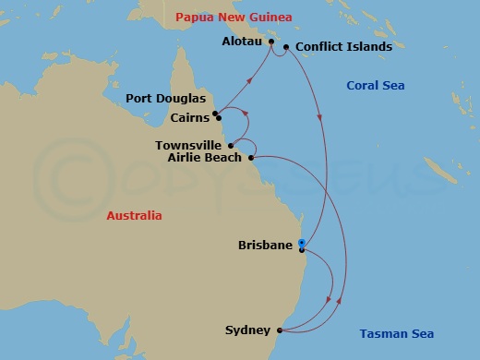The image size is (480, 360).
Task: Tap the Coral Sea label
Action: pyautogui.click(x=374, y=86)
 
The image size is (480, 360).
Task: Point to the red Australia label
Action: pyautogui.click(x=134, y=215)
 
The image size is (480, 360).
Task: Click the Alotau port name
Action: pyautogui.click(x=242, y=42)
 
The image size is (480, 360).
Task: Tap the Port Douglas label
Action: pyautogui.click(x=166, y=99)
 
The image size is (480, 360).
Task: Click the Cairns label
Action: pyautogui.click(x=189, y=117)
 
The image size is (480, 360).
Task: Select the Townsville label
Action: pyautogui.click(x=188, y=145)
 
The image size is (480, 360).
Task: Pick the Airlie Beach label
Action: pyautogui.click(x=204, y=157)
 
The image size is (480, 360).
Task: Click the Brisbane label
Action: pyautogui.click(x=266, y=246)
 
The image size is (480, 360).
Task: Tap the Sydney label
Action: pyautogui.click(x=247, y=330)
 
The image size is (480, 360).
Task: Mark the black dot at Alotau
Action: pyautogui.click(x=271, y=42)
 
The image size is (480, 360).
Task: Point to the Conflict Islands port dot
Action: pyautogui.click(x=287, y=47)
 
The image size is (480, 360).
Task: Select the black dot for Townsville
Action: pyautogui.click(x=230, y=145)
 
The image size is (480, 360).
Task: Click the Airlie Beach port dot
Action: pyautogui.click(x=250, y=157)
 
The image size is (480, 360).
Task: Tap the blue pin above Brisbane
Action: pyautogui.click(x=301, y=244)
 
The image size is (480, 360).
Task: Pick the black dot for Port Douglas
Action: pyautogui.click(x=214, y=114)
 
